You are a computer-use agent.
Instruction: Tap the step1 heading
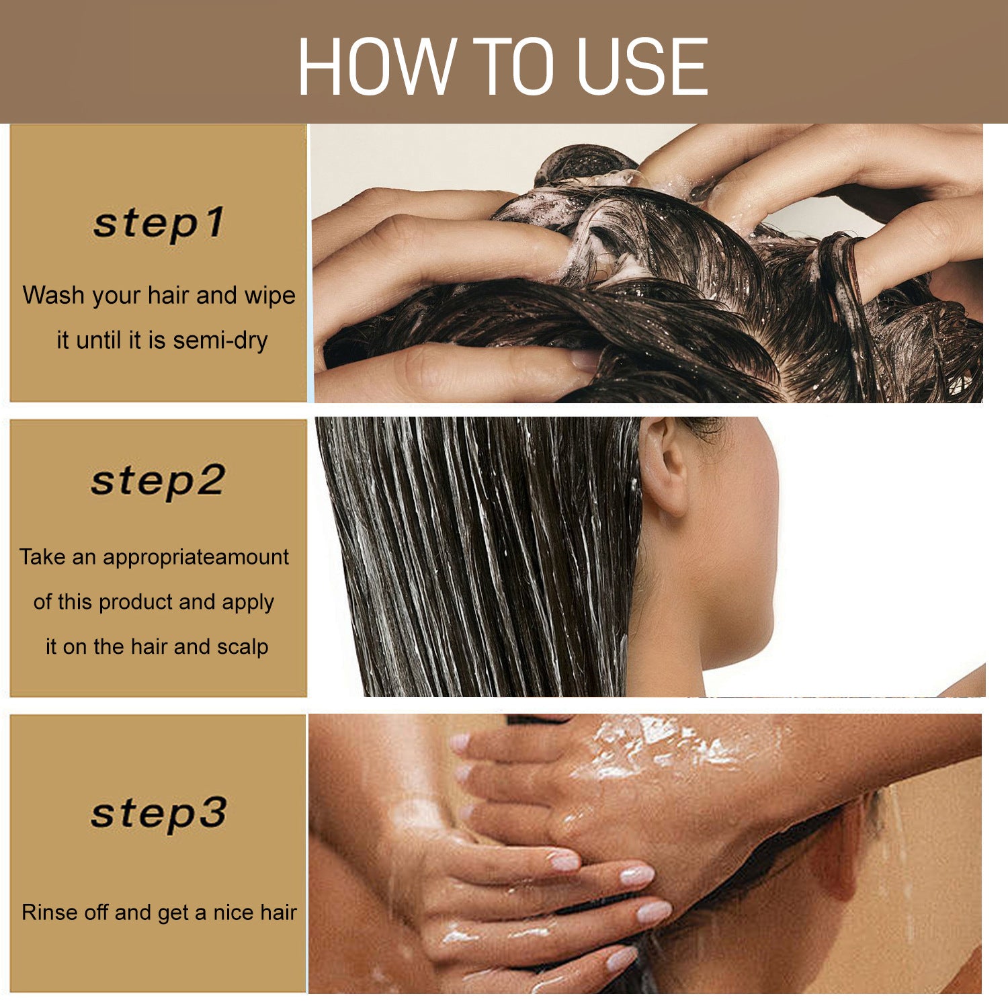tap(159, 223)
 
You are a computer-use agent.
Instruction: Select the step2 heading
tap(159, 480)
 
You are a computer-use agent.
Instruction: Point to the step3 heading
tap(159, 813)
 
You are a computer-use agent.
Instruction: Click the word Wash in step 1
tap(54, 295)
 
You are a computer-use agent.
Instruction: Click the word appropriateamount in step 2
tap(196, 556)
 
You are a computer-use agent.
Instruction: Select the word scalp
tap(243, 646)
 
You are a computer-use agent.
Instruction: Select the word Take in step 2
tap(42, 556)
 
